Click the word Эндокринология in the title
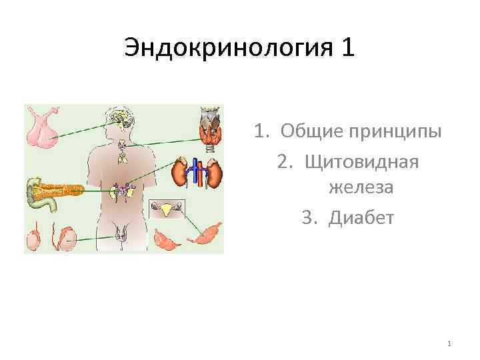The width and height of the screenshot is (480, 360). (229, 48)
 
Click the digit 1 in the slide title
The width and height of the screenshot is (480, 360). (349, 48)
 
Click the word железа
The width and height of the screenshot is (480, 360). (361, 188)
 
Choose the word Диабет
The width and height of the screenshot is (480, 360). (362, 217)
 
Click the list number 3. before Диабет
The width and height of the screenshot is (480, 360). (307, 217)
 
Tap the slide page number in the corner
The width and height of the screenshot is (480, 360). (449, 344)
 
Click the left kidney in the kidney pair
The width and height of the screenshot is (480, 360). (179, 173)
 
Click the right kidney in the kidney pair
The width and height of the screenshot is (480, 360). (213, 173)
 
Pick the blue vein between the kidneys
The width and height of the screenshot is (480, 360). (199, 171)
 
